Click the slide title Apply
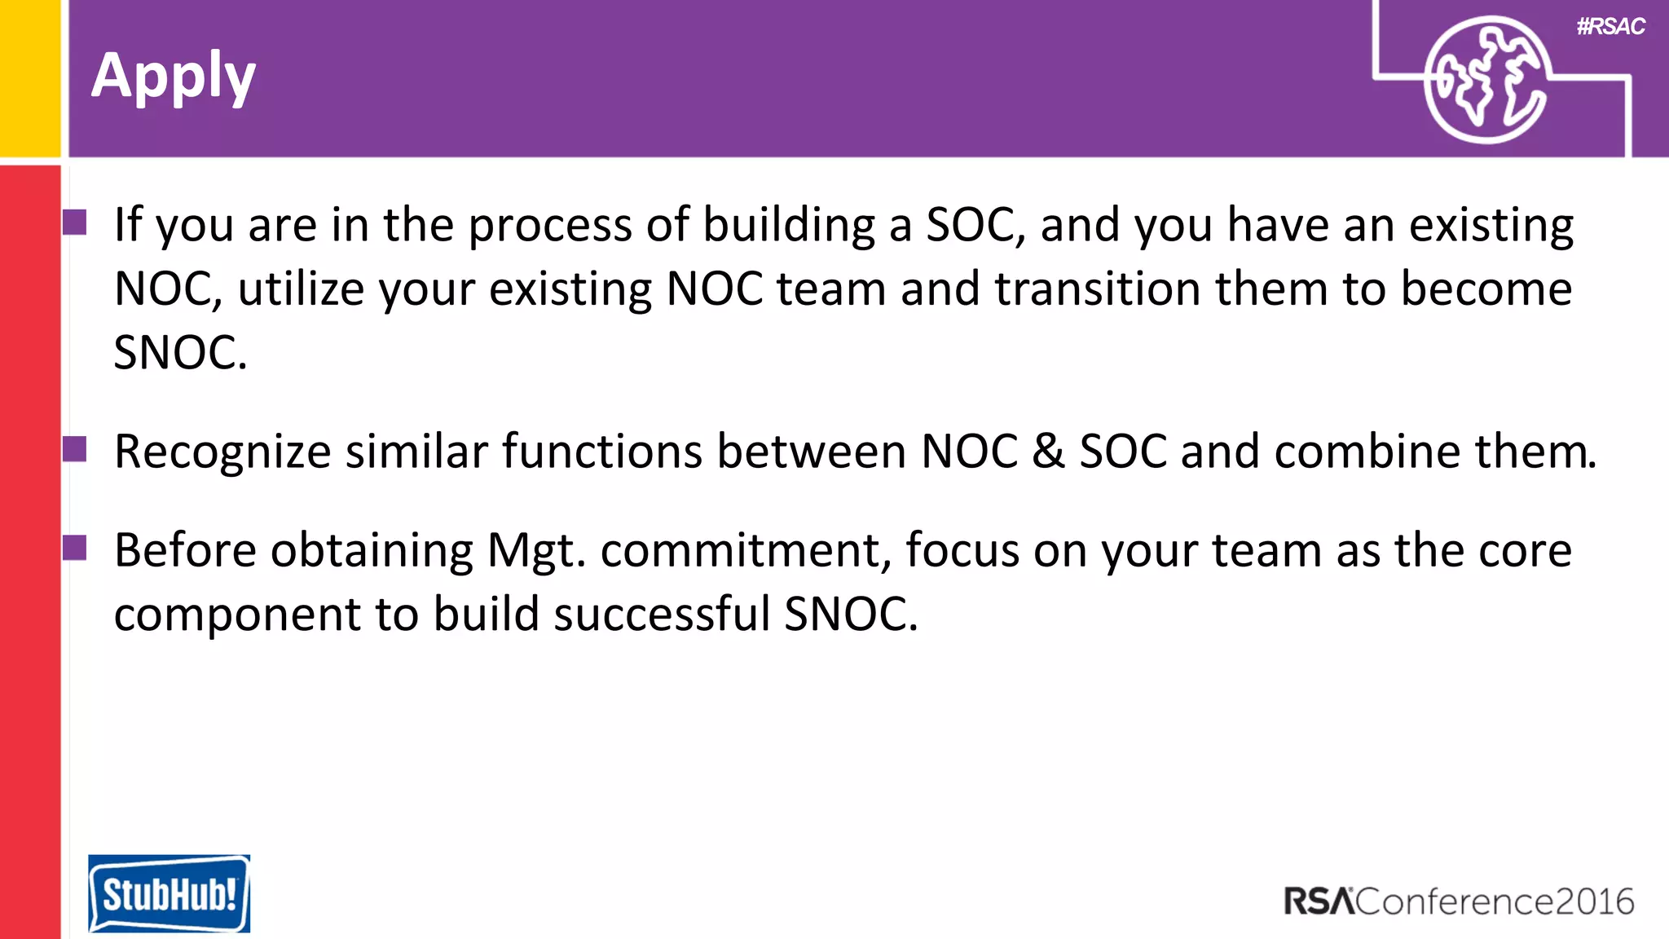click(174, 77)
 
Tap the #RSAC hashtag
click(1610, 27)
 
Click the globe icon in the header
click(1486, 80)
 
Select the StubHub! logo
click(169, 893)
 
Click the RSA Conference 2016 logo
click(1458, 902)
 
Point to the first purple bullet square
click(75, 222)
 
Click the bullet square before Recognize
click(75, 449)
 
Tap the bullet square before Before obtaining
click(75, 548)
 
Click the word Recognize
click(222, 452)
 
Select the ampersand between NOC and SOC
click(1048, 452)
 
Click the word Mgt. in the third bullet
click(536, 552)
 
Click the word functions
click(601, 452)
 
